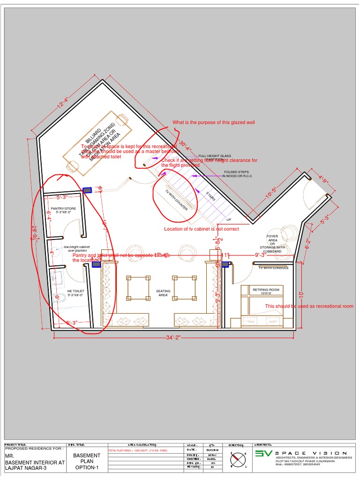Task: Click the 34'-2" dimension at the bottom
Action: pos(173,337)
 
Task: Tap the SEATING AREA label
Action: pos(163,293)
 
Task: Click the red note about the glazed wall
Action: pos(213,122)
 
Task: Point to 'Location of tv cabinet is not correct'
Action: pos(201,229)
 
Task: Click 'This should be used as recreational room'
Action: pos(309,306)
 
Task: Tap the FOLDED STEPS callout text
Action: pos(237,174)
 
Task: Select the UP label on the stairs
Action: pos(229,219)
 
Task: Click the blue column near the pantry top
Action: pos(87,190)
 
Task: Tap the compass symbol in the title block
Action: pos(238,459)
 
